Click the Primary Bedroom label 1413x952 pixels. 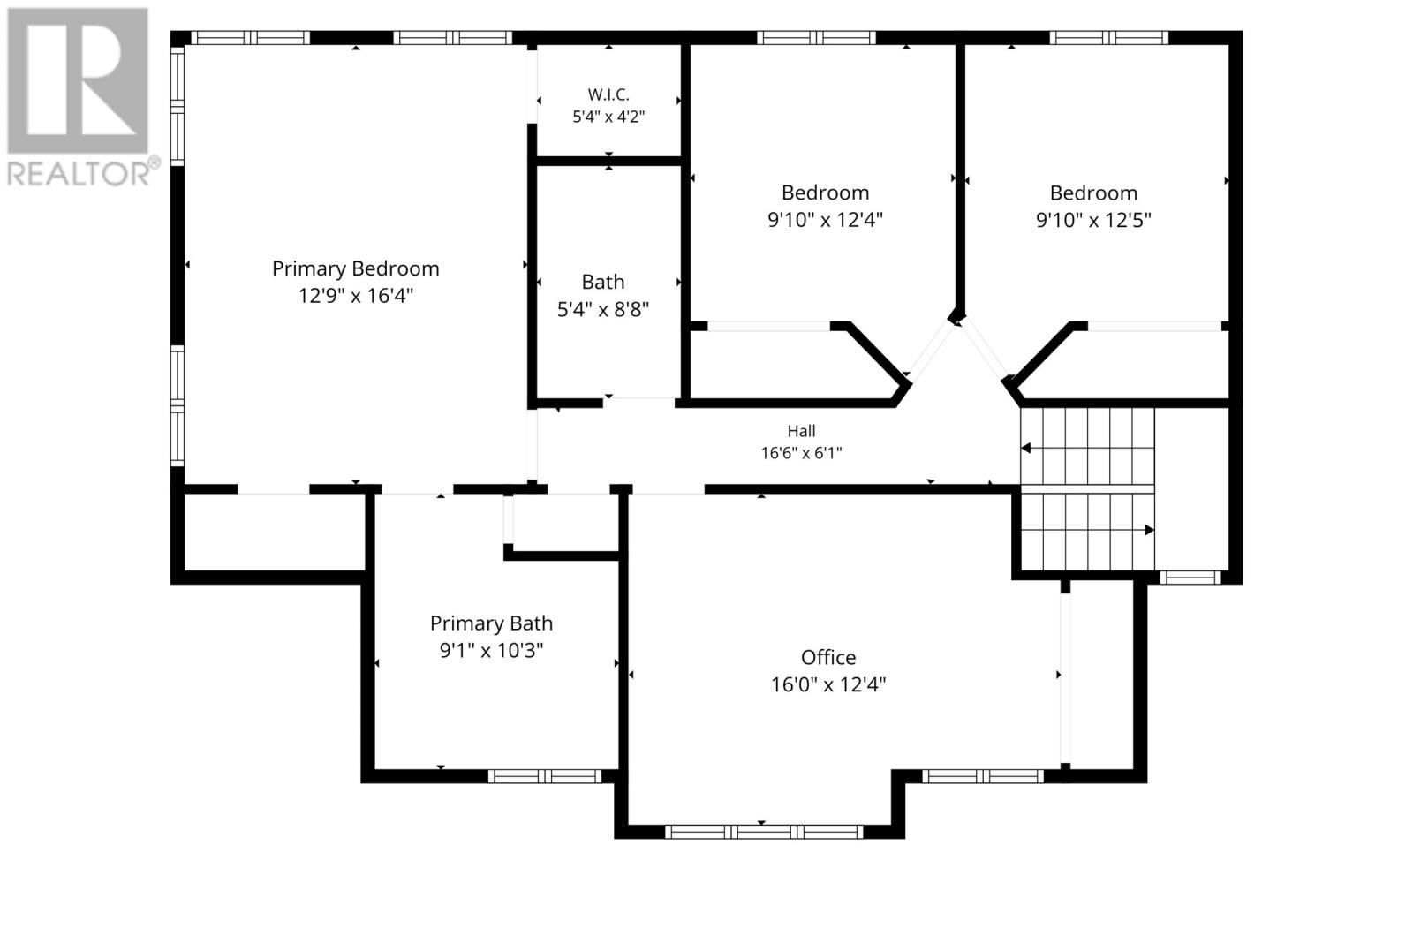[355, 268]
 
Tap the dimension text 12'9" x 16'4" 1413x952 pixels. [355, 296]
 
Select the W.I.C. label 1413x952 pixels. [608, 95]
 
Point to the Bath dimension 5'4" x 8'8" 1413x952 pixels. [602, 310]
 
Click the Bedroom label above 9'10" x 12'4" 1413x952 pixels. [825, 193]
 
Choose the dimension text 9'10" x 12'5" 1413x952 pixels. [1093, 220]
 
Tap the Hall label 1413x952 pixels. [801, 432]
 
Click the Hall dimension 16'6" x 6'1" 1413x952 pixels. [801, 453]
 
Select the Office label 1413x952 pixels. [828, 657]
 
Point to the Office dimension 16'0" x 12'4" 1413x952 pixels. [828, 684]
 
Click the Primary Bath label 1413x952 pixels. [491, 623]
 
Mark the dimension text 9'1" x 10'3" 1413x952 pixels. [491, 651]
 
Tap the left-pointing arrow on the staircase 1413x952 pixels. [1025, 449]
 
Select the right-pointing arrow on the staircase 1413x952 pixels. [1149, 530]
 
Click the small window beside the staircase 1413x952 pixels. [1190, 578]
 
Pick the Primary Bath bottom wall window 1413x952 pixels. [545, 776]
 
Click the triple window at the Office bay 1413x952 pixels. [763, 832]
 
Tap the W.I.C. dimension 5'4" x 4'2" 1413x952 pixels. [608, 117]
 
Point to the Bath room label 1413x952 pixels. [602, 282]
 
